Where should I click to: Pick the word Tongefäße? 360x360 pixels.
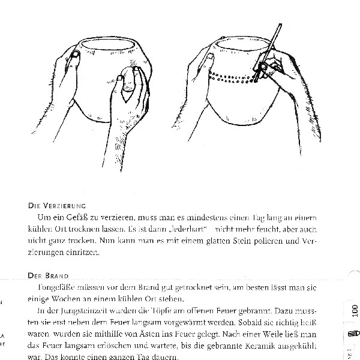(50, 287)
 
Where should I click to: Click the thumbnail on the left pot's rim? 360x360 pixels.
(74, 57)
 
